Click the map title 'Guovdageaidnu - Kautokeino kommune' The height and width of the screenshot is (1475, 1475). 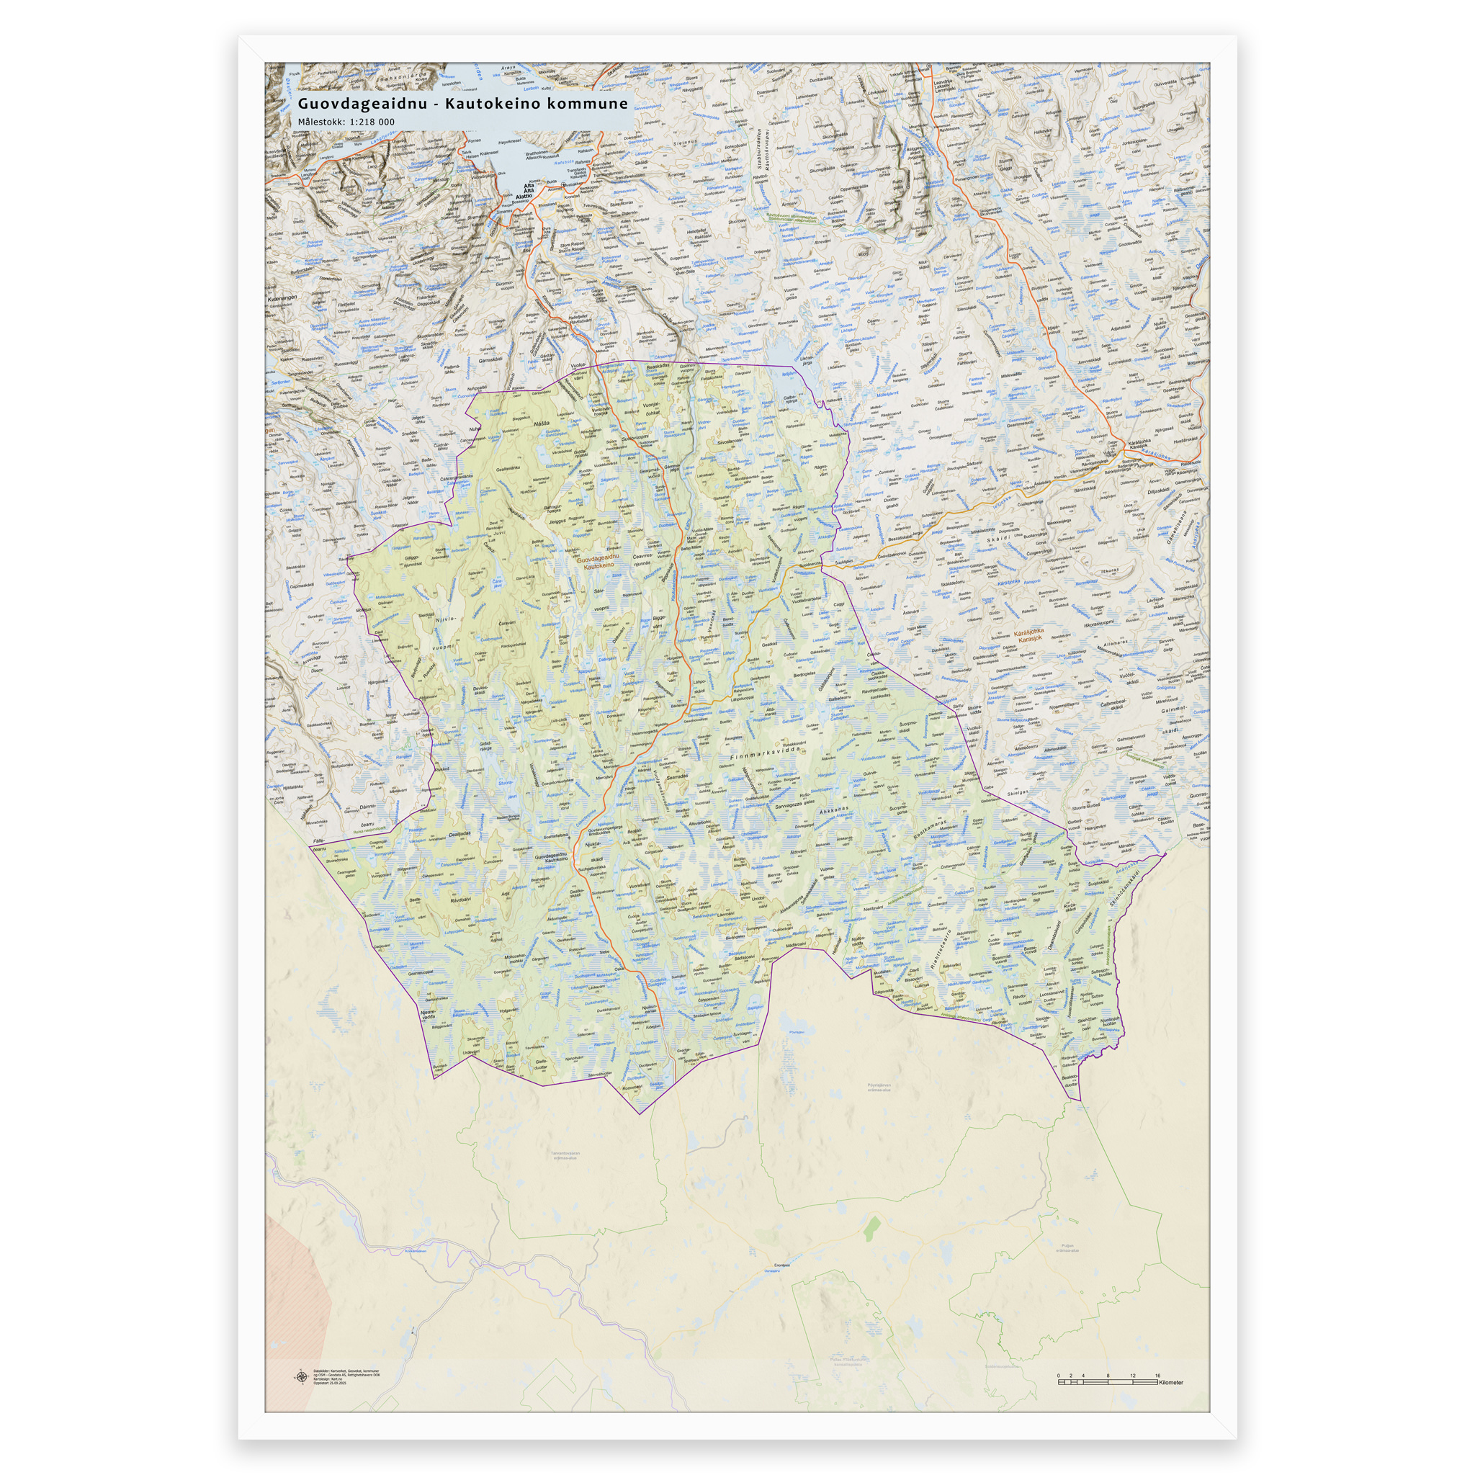462,103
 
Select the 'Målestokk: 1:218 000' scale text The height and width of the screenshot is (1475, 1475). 346,122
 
